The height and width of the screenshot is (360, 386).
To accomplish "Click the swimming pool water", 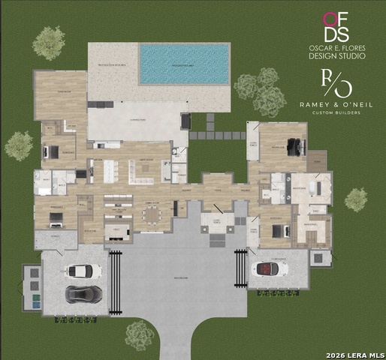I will click(x=184, y=63).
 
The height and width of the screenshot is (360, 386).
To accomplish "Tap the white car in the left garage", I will click(x=83, y=271).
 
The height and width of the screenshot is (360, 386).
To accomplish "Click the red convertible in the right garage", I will click(x=271, y=268).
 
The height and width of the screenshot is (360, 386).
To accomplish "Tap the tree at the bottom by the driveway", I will click(x=140, y=334).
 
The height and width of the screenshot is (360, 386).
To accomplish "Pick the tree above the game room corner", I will click(x=49, y=43).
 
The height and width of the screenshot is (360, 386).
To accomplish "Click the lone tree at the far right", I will click(x=356, y=199).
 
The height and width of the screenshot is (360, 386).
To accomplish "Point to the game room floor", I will click(x=61, y=94).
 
